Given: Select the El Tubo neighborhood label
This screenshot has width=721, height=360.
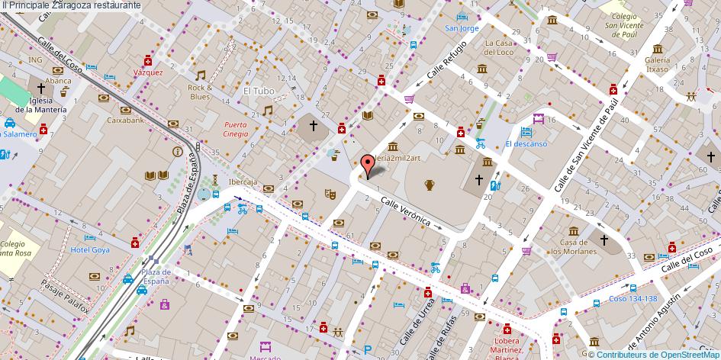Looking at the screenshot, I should point(258,91).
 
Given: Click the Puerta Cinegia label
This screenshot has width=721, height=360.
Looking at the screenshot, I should point(236,129).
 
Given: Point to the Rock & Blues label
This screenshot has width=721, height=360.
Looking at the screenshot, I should point(200,92).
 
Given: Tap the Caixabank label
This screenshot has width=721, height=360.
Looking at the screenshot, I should point(125,120).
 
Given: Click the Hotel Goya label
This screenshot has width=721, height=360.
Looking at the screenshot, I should point(90,249).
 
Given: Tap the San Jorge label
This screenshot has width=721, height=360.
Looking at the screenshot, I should point(462,28).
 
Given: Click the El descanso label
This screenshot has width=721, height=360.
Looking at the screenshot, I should point(526,143).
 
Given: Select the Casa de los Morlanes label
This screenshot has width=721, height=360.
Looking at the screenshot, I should point(574,246).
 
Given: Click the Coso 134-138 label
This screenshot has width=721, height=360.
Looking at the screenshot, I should point(632,298).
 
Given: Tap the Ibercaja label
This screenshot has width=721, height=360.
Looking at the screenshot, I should point(243,182).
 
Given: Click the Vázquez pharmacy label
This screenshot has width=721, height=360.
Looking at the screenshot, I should point(148,72).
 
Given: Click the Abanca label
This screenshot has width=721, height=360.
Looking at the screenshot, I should point(58,80).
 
